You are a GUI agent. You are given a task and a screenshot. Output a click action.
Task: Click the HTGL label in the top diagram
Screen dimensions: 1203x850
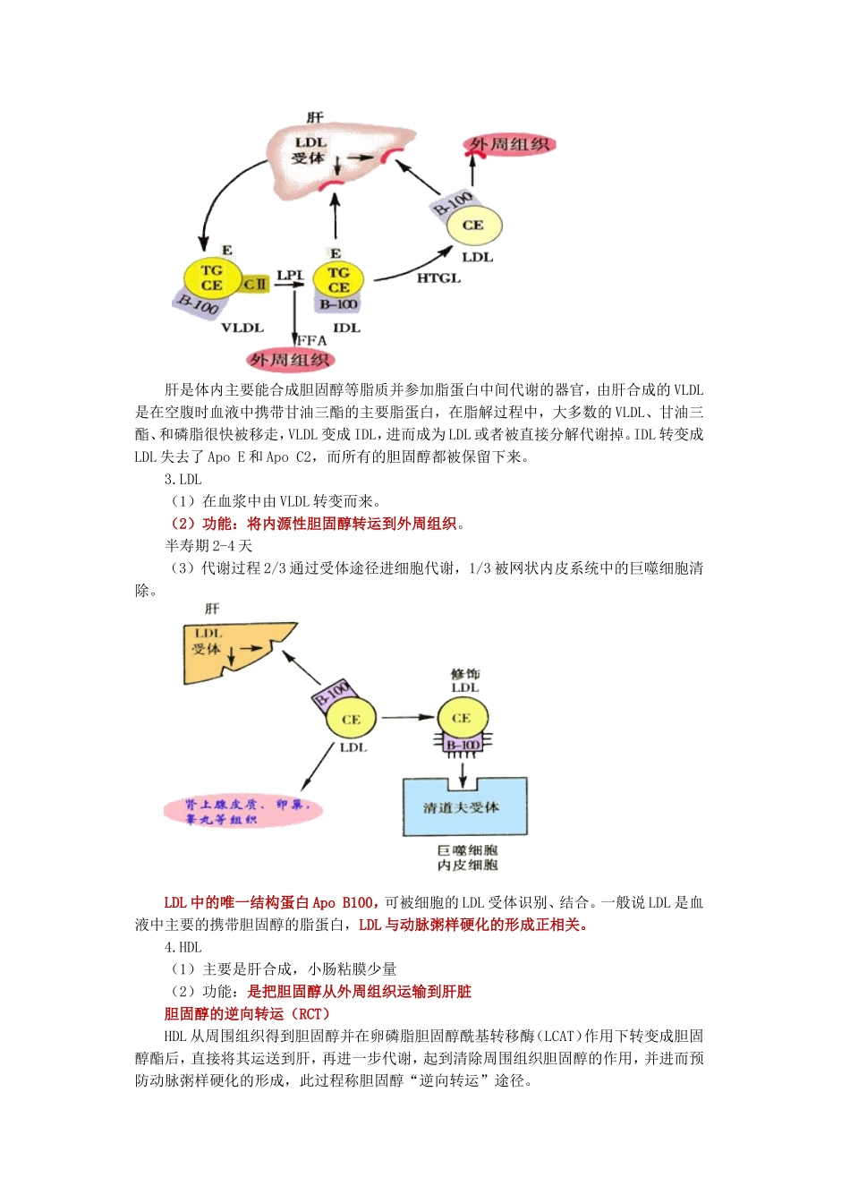tap(438, 278)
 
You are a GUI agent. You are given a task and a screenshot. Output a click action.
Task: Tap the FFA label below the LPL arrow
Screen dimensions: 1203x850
tap(311, 340)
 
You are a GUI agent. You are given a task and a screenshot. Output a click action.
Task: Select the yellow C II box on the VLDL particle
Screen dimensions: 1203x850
tap(255, 285)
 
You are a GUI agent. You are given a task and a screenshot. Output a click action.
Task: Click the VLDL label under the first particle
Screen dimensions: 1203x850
tap(242, 328)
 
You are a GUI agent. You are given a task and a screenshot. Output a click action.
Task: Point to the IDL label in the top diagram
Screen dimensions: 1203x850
tap(346, 328)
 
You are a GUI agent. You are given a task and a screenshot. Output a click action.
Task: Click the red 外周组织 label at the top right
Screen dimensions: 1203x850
tap(509, 144)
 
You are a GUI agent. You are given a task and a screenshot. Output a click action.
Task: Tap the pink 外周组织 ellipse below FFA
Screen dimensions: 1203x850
tap(290, 360)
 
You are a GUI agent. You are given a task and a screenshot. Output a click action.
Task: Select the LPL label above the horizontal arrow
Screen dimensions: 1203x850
tap(290, 275)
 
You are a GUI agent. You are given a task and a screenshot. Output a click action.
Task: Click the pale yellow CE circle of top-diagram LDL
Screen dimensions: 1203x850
tap(474, 226)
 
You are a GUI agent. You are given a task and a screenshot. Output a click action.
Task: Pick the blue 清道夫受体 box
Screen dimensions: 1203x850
tap(464, 807)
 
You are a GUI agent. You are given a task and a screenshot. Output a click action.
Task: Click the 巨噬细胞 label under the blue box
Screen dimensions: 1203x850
tap(467, 849)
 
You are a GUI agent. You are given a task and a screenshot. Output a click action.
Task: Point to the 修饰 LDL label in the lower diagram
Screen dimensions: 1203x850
tap(465, 680)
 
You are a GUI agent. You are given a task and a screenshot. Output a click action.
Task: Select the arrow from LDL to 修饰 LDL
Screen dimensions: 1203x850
tap(407, 717)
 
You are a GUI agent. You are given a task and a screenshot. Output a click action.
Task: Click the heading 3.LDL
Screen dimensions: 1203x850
tap(183, 479)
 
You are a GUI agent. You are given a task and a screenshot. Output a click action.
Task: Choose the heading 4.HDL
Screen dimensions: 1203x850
tap(183, 947)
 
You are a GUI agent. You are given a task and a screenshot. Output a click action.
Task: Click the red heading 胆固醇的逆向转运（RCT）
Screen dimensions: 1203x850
tap(247, 1013)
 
